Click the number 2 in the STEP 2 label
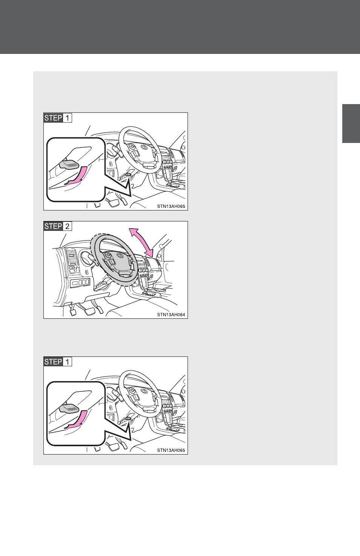(67, 226)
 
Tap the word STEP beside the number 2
(53, 226)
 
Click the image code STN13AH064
(171, 315)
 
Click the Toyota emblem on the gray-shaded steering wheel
(121, 255)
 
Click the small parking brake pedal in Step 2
(72, 312)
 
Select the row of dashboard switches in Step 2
(80, 282)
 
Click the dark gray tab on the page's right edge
(351, 124)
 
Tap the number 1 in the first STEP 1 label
(67, 118)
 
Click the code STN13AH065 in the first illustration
(171, 206)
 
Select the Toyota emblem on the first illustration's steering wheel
(144, 147)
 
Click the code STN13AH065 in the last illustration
(171, 450)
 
